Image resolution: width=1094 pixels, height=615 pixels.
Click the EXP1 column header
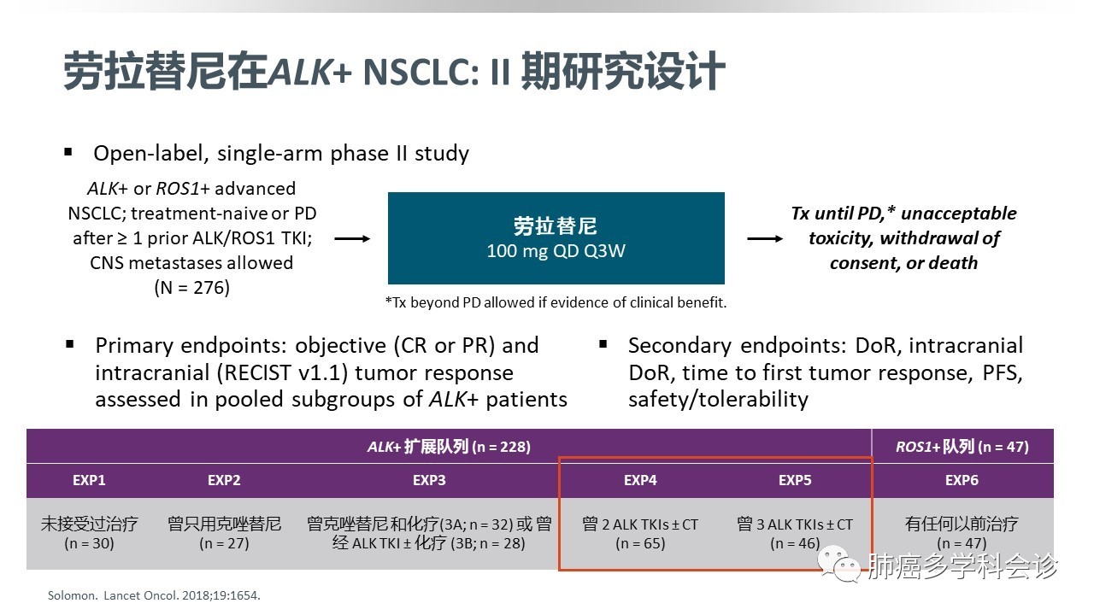(x=89, y=480)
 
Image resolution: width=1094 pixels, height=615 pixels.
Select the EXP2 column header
(x=224, y=480)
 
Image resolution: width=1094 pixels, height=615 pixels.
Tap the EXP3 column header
(x=429, y=480)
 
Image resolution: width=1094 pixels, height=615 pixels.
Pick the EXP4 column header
(x=640, y=480)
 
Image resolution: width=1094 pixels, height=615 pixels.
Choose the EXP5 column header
(x=795, y=480)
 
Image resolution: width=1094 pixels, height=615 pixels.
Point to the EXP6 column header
(x=962, y=480)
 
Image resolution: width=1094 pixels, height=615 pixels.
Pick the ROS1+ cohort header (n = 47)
(x=962, y=446)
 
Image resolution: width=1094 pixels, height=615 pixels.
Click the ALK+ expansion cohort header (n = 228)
(x=449, y=446)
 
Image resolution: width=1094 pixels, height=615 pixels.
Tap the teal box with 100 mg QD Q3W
(x=556, y=237)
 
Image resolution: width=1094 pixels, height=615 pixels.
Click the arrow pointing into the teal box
(x=351, y=239)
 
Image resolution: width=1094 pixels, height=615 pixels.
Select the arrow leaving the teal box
(x=764, y=239)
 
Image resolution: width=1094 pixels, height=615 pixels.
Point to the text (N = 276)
(x=192, y=288)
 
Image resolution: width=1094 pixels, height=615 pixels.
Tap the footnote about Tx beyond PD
(x=556, y=302)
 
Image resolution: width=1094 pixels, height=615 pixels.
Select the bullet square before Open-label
(x=68, y=152)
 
